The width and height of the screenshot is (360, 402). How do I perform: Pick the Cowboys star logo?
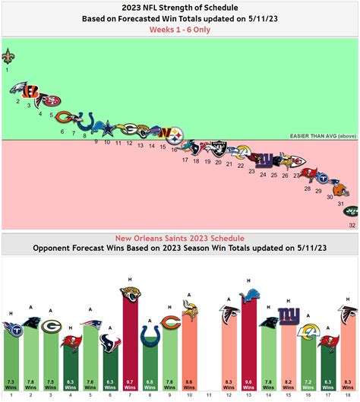point(108,129)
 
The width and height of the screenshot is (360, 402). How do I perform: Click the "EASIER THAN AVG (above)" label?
point(324,137)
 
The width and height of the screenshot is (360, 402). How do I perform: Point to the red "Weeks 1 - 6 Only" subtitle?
point(179,30)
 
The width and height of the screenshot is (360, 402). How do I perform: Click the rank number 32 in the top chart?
point(352,226)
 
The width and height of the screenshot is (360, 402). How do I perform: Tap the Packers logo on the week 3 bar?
point(50,324)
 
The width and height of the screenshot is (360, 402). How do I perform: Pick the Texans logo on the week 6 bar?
point(109,341)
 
